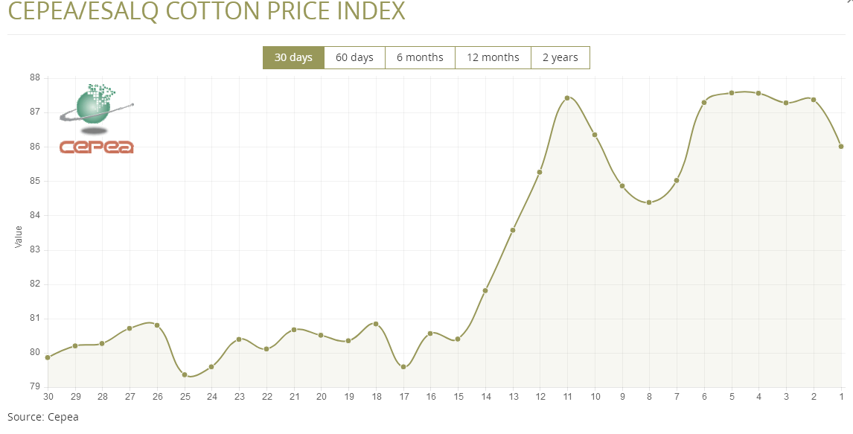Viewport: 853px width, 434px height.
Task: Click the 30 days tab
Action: (x=293, y=57)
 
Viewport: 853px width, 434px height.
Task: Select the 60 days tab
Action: (x=354, y=57)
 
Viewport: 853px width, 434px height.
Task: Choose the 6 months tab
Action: (x=420, y=57)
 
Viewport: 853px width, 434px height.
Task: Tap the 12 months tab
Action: (x=493, y=57)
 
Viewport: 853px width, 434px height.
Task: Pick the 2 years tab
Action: (x=560, y=57)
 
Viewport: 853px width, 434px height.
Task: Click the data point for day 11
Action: (x=567, y=98)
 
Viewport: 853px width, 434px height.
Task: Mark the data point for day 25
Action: (x=185, y=374)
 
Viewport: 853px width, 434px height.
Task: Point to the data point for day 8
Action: (x=649, y=202)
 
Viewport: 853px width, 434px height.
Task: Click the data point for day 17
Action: (x=403, y=367)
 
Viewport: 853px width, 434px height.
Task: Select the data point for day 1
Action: (x=841, y=147)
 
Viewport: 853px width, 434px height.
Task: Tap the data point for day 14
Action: (x=485, y=290)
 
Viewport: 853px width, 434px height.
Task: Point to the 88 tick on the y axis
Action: (x=34, y=77)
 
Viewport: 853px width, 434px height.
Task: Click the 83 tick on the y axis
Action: (x=34, y=250)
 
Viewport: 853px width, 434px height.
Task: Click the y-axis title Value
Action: (x=19, y=237)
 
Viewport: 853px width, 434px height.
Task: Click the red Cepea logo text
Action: (x=96, y=147)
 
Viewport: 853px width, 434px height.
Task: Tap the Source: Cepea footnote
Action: (x=42, y=417)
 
